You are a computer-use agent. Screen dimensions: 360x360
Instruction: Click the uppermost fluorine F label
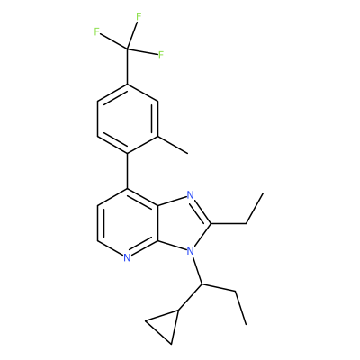[139, 16]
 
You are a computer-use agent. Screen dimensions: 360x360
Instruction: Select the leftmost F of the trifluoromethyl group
[96, 31]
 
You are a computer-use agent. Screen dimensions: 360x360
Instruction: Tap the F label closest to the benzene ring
[161, 55]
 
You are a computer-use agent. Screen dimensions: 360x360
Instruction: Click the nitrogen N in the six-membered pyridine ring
[127, 258]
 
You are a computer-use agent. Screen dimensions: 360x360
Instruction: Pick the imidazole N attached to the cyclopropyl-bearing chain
[190, 250]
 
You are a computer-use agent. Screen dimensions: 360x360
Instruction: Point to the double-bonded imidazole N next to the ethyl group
[190, 195]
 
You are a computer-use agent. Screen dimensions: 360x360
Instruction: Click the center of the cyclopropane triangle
[165, 326]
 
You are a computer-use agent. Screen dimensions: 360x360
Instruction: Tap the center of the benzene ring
[127, 119]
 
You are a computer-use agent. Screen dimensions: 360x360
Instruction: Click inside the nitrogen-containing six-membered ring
[128, 223]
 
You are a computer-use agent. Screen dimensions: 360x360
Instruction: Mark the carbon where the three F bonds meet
[127, 49]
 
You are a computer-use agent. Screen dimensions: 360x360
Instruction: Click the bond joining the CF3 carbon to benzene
[127, 67]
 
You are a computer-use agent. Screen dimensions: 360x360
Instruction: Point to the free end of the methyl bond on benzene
[188, 154]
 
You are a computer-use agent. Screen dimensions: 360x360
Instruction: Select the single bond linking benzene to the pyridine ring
[127, 171]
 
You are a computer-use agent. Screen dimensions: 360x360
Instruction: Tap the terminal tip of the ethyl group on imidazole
[263, 193]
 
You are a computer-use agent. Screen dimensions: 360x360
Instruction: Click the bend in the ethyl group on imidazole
[246, 223]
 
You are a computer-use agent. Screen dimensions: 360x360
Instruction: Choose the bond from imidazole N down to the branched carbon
[197, 270]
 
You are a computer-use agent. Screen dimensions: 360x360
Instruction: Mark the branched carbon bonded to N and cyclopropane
[202, 283]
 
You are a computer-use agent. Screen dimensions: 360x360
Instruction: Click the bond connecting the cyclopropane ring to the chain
[191, 297]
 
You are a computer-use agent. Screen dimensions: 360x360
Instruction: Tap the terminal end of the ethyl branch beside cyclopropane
[246, 324]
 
